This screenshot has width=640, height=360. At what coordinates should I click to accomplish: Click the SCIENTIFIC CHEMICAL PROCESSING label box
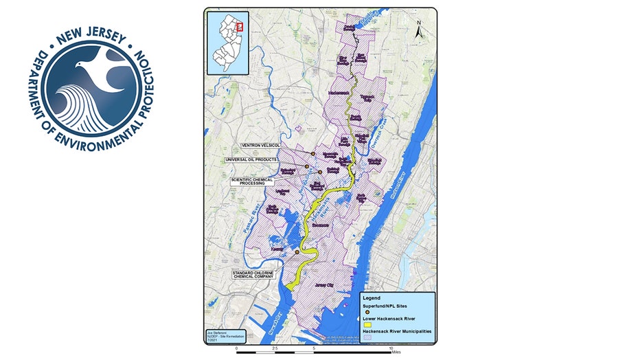[x=251, y=181]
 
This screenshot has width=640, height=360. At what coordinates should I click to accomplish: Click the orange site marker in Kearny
[x=297, y=252]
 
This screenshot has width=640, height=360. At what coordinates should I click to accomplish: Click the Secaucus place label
[x=322, y=225]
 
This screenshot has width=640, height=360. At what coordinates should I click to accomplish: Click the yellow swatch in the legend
[x=367, y=327]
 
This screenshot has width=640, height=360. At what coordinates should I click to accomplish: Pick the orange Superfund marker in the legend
[x=367, y=312]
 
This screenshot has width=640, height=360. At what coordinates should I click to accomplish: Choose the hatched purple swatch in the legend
[x=367, y=341]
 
